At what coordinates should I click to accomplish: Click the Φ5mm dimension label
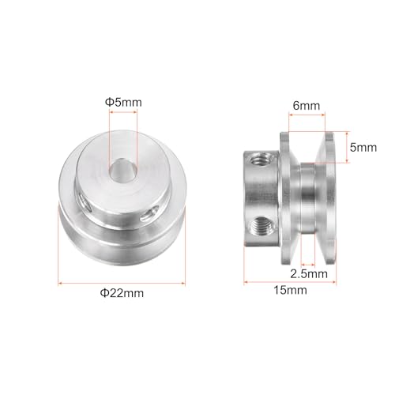pos(122,101)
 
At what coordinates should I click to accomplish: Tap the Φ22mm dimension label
pos(122,293)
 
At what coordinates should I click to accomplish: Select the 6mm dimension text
pos(306,103)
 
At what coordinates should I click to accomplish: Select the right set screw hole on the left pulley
pos(149,213)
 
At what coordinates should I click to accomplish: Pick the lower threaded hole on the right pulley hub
pos(261,224)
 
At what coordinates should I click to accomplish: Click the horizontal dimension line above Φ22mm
pos(122,281)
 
